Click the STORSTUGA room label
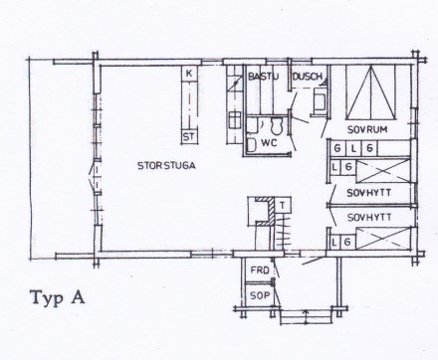165,166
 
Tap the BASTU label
263,76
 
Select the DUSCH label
307,76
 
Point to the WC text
269,143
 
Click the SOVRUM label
366,129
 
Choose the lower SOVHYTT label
369,217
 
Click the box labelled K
189,75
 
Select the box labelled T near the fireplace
283,205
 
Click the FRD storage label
259,270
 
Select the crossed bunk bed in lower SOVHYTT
383,239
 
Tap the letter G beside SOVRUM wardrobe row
338,148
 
